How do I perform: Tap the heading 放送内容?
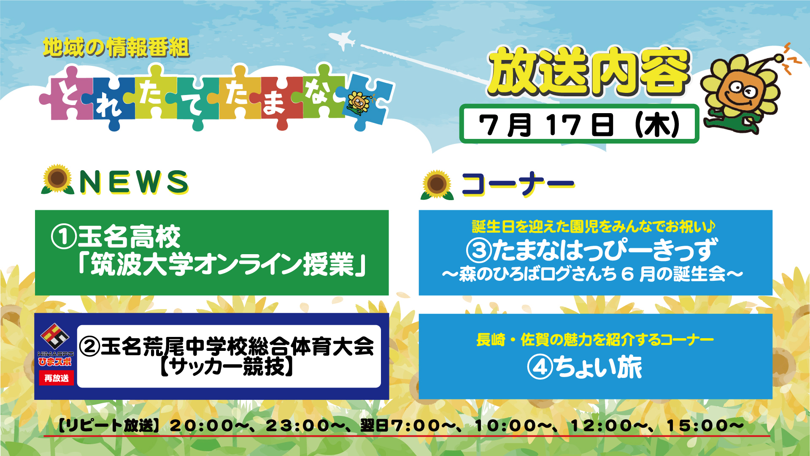pyautogui.click(x=589, y=71)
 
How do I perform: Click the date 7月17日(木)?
pyautogui.click(x=579, y=125)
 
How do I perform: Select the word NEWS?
pyautogui.click(x=134, y=182)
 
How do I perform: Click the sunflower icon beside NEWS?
pyautogui.click(x=58, y=179)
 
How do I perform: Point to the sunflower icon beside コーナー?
pyautogui.click(x=437, y=185)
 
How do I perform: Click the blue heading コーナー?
pyautogui.click(x=518, y=184)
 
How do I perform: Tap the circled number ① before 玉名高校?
pyautogui.click(x=64, y=236)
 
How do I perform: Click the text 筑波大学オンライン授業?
pyautogui.click(x=222, y=264)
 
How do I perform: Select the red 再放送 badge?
pyautogui.click(x=57, y=378)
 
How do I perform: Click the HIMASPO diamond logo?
pyautogui.click(x=55, y=337)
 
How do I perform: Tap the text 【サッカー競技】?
pyautogui.click(x=227, y=366)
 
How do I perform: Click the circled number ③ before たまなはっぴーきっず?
pyautogui.click(x=479, y=250)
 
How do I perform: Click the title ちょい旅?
pyautogui.click(x=598, y=367)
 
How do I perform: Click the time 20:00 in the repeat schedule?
pyautogui.click(x=202, y=426)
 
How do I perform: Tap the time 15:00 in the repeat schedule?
pyautogui.click(x=698, y=426)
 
